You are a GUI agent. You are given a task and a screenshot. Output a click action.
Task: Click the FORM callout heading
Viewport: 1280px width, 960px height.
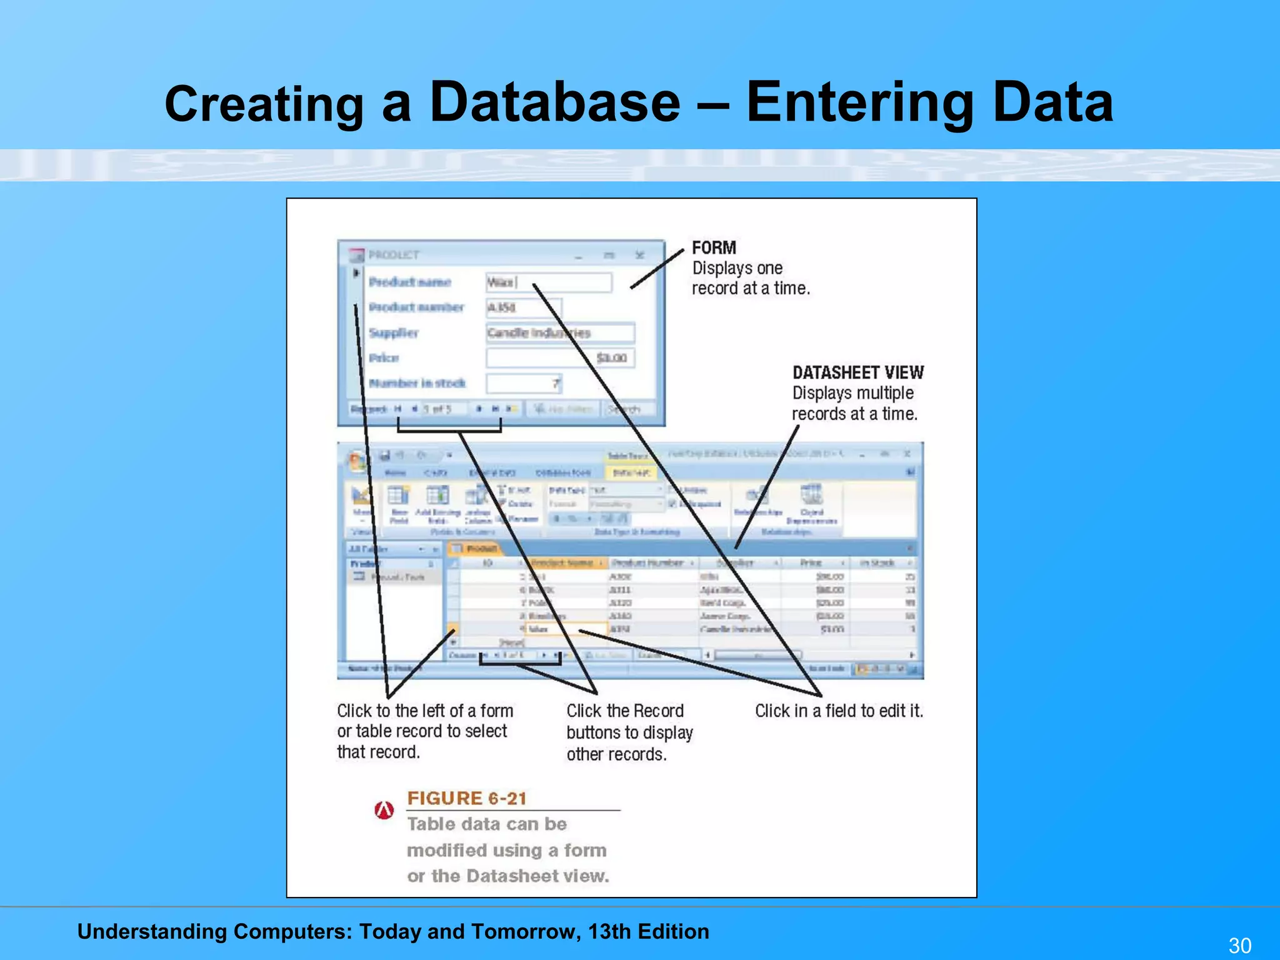pyautogui.click(x=714, y=247)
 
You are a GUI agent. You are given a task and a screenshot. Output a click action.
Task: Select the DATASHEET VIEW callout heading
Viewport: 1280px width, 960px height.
pyautogui.click(x=857, y=372)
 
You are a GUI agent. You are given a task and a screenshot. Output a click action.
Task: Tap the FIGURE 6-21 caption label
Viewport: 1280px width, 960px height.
pyautogui.click(x=466, y=798)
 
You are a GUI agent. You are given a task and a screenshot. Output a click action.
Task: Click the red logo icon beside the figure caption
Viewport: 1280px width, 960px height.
pyautogui.click(x=384, y=810)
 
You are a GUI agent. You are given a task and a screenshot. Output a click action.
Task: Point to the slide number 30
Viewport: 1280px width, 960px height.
pyautogui.click(x=1240, y=945)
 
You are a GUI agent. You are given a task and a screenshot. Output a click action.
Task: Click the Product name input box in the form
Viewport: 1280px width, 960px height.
pyautogui.click(x=549, y=282)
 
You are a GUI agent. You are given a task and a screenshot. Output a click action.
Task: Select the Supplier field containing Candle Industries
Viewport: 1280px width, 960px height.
pyautogui.click(x=560, y=332)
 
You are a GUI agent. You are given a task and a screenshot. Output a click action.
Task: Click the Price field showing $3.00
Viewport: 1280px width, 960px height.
pyautogui.click(x=560, y=357)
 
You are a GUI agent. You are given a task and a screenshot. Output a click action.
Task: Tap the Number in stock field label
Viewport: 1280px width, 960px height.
pyautogui.click(x=417, y=383)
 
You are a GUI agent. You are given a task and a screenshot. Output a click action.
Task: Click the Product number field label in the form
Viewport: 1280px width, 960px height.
pyautogui.click(x=416, y=307)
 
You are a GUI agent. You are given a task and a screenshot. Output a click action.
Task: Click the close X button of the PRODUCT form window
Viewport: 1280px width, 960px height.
pyautogui.click(x=639, y=255)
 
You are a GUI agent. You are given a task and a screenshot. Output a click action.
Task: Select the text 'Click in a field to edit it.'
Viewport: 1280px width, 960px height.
pyautogui.click(x=839, y=711)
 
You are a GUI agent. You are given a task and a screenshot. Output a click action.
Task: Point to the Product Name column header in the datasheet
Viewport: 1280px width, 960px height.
pyautogui.click(x=562, y=563)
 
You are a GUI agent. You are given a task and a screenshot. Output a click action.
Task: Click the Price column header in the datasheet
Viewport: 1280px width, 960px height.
pyautogui.click(x=811, y=563)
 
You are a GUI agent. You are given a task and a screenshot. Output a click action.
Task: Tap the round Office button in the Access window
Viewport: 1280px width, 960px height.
pyautogui.click(x=358, y=462)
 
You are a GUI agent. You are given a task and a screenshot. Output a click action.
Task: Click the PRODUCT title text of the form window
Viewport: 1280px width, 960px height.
pyautogui.click(x=394, y=255)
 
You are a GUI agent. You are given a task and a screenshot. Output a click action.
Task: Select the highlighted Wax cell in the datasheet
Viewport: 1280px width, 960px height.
pyautogui.click(x=566, y=629)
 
